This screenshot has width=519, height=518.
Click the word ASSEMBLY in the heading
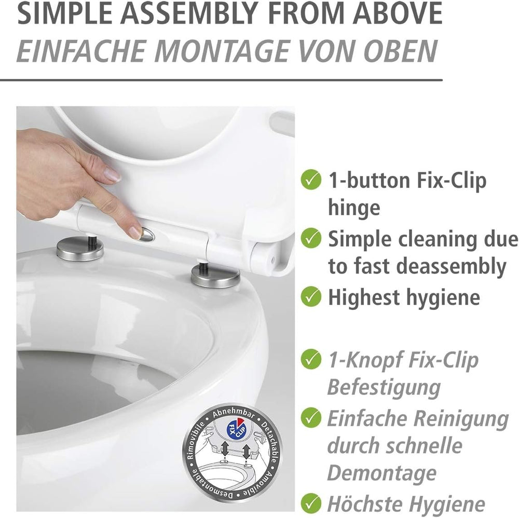[x=187, y=13]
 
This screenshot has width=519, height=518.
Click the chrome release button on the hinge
[x=146, y=234]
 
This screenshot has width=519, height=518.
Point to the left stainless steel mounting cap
[x=79, y=249]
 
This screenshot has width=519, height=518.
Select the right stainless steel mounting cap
[x=215, y=275]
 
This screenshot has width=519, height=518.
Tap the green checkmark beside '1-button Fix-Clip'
[x=311, y=180]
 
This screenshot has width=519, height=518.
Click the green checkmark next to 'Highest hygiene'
[x=311, y=296]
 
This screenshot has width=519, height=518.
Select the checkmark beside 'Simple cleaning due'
[x=311, y=238]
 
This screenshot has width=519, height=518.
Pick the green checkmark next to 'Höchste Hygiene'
[x=311, y=503]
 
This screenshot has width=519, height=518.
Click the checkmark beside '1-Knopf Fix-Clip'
[x=311, y=359]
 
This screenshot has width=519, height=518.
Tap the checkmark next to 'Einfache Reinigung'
[x=311, y=418]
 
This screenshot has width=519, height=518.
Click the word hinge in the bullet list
[x=354, y=208]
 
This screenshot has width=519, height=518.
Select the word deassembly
[x=452, y=266]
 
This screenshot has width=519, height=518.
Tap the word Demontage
[x=381, y=473]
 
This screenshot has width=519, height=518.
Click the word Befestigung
[x=384, y=387]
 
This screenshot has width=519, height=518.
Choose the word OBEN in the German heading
[x=401, y=51]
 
